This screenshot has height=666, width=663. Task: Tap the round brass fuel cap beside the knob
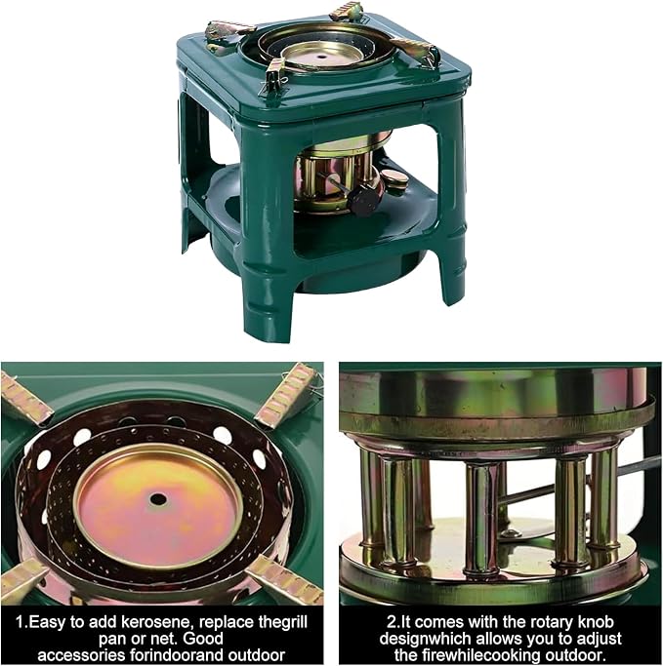pos(394,178)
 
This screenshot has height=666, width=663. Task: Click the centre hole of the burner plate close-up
pos(158,498)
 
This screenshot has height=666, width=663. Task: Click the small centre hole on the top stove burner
pos(321,57)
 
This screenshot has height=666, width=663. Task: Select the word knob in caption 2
pos(596,622)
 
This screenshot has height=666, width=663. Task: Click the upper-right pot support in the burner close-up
pos(286,396)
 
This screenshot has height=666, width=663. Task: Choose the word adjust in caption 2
pos(598,639)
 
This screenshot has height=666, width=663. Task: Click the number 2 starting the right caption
pos(391,623)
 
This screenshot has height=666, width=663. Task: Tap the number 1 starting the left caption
pos(21,623)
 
